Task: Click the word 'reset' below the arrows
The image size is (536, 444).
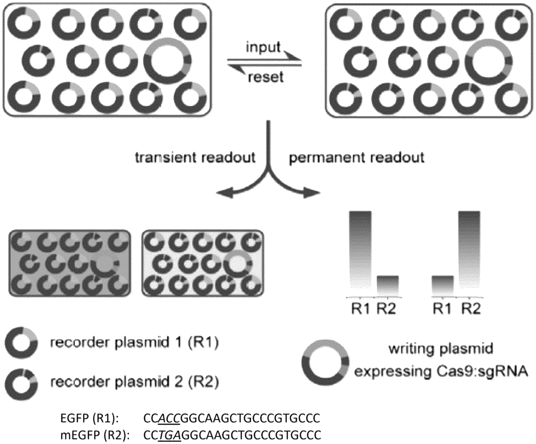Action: point(266,77)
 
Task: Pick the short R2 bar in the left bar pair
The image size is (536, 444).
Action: point(387,286)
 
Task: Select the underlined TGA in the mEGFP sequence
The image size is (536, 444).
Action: point(169,435)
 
